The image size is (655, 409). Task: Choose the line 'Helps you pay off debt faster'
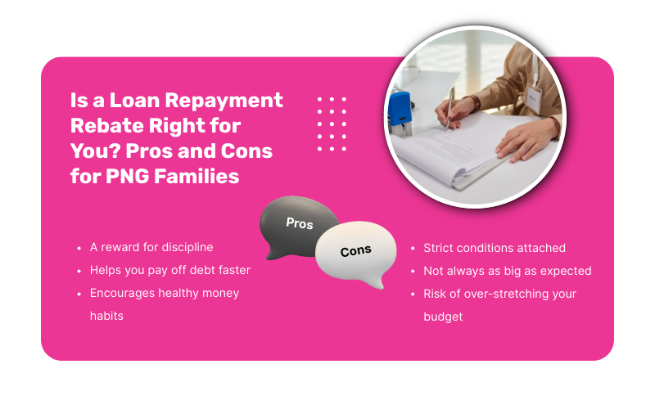(170, 270)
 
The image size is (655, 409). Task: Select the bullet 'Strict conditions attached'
(494, 248)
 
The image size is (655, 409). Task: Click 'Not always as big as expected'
(507, 271)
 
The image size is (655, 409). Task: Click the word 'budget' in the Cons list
(443, 317)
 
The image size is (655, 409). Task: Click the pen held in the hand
(449, 106)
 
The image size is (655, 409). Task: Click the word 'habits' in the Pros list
(106, 316)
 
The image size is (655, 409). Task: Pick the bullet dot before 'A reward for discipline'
(79, 247)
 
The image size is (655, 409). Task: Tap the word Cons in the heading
(246, 151)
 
